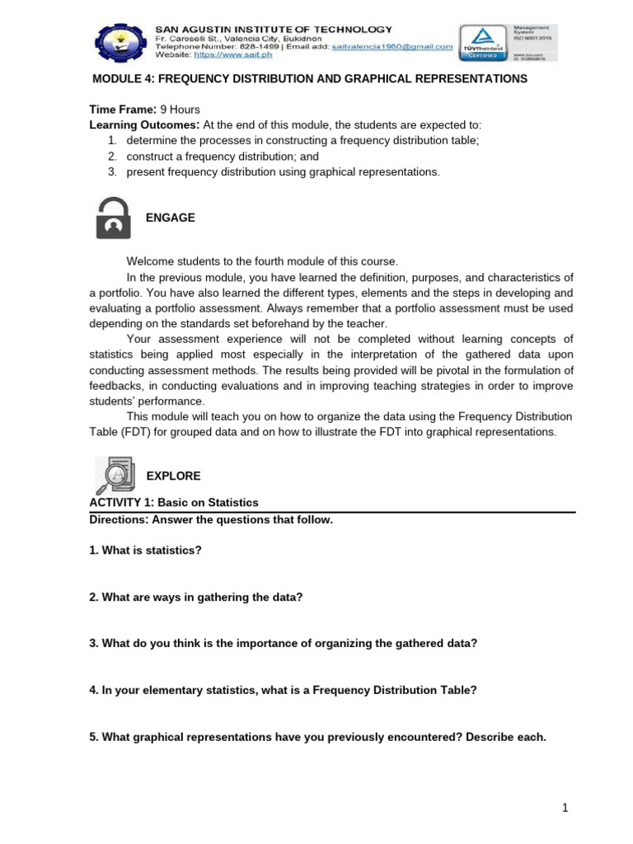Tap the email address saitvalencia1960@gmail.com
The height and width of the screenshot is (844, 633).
393,47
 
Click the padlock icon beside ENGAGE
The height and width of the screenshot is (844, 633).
113,218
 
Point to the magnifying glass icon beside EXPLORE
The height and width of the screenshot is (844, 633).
113,476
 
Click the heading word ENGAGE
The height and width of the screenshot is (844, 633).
171,218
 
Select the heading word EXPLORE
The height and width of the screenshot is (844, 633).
173,476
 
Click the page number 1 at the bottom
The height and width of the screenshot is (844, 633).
565,809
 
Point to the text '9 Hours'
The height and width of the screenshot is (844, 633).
180,110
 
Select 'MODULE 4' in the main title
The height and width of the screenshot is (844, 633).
120,79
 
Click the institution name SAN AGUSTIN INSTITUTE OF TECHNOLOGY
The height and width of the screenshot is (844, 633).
274,30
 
